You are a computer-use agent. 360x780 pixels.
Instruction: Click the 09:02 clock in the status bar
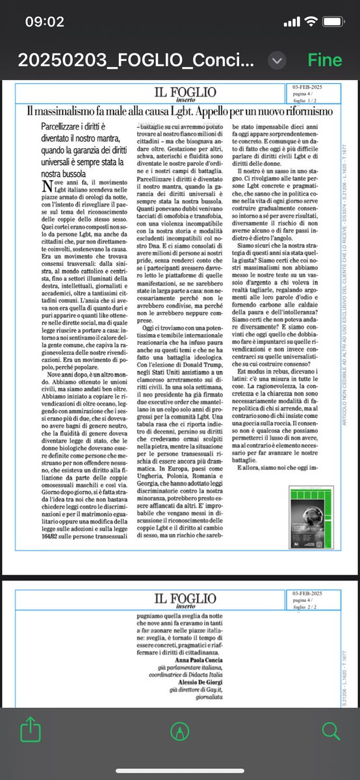click(44, 21)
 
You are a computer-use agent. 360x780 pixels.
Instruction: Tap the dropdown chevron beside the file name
click(278, 60)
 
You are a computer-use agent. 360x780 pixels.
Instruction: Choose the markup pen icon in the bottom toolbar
click(180, 731)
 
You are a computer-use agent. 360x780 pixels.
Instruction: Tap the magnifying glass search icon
click(331, 731)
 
